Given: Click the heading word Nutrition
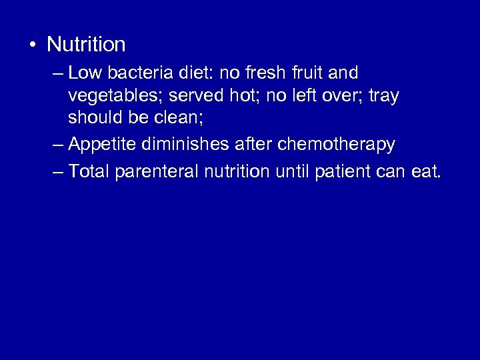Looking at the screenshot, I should pos(87,45).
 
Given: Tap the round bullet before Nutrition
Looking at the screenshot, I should pos(32,45).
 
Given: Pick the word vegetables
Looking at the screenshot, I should pos(115,96).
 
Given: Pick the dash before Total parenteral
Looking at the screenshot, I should pos(57,173).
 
